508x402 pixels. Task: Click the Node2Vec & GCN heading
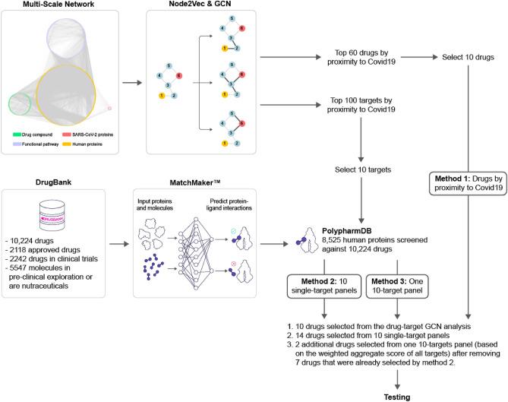[200, 7]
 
